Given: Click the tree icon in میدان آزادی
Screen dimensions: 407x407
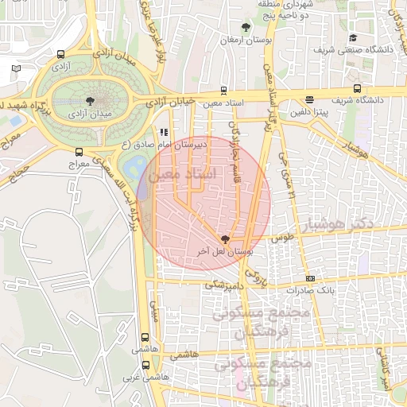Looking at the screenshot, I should (x=88, y=102).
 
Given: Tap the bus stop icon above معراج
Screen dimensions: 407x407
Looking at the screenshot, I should (x=78, y=151).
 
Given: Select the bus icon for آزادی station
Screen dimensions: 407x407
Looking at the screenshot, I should (x=61, y=55).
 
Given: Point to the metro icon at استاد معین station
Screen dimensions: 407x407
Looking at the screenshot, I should (x=223, y=90).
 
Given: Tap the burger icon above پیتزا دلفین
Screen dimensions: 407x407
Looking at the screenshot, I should (x=308, y=99).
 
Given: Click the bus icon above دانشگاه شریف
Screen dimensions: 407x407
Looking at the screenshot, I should (x=359, y=88).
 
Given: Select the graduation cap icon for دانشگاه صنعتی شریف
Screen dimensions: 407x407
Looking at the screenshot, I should (x=353, y=37).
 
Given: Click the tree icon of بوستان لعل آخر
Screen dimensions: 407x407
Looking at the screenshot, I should (x=225, y=238).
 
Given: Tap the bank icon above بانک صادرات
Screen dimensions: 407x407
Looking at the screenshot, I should (x=310, y=278).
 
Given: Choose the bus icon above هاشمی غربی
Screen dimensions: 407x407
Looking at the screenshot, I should (x=145, y=365).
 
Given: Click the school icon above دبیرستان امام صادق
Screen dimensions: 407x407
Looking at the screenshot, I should (x=163, y=133).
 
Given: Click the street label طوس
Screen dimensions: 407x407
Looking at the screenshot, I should (x=282, y=238).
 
